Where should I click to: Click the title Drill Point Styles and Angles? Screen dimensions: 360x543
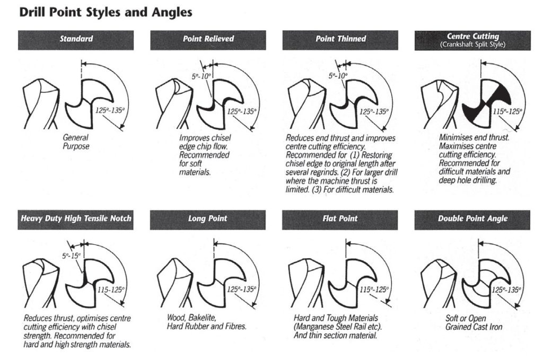[x=106, y=12]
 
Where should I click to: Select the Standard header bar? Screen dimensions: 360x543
[x=75, y=39]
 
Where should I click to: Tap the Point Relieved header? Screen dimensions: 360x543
[x=208, y=39]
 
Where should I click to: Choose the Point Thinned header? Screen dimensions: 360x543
[x=340, y=39]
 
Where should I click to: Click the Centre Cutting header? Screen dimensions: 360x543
[x=472, y=37]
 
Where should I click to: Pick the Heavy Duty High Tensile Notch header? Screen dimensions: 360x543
[x=75, y=218]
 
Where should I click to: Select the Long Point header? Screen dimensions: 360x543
[x=208, y=218]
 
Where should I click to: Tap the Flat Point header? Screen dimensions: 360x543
[x=340, y=218]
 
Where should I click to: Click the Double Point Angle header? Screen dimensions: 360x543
[x=472, y=218]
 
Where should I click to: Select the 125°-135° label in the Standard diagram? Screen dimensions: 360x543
[x=110, y=111]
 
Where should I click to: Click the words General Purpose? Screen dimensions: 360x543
[x=76, y=142]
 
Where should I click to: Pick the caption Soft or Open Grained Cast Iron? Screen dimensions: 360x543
[x=474, y=323]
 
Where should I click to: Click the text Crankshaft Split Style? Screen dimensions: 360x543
[x=472, y=45]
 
